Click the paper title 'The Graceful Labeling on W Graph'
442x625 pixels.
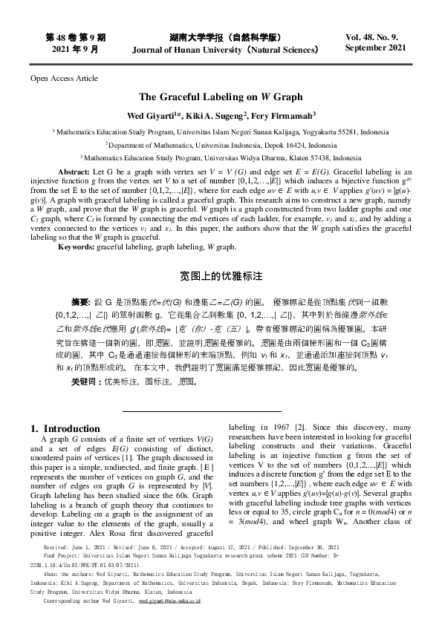(x=221, y=96)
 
